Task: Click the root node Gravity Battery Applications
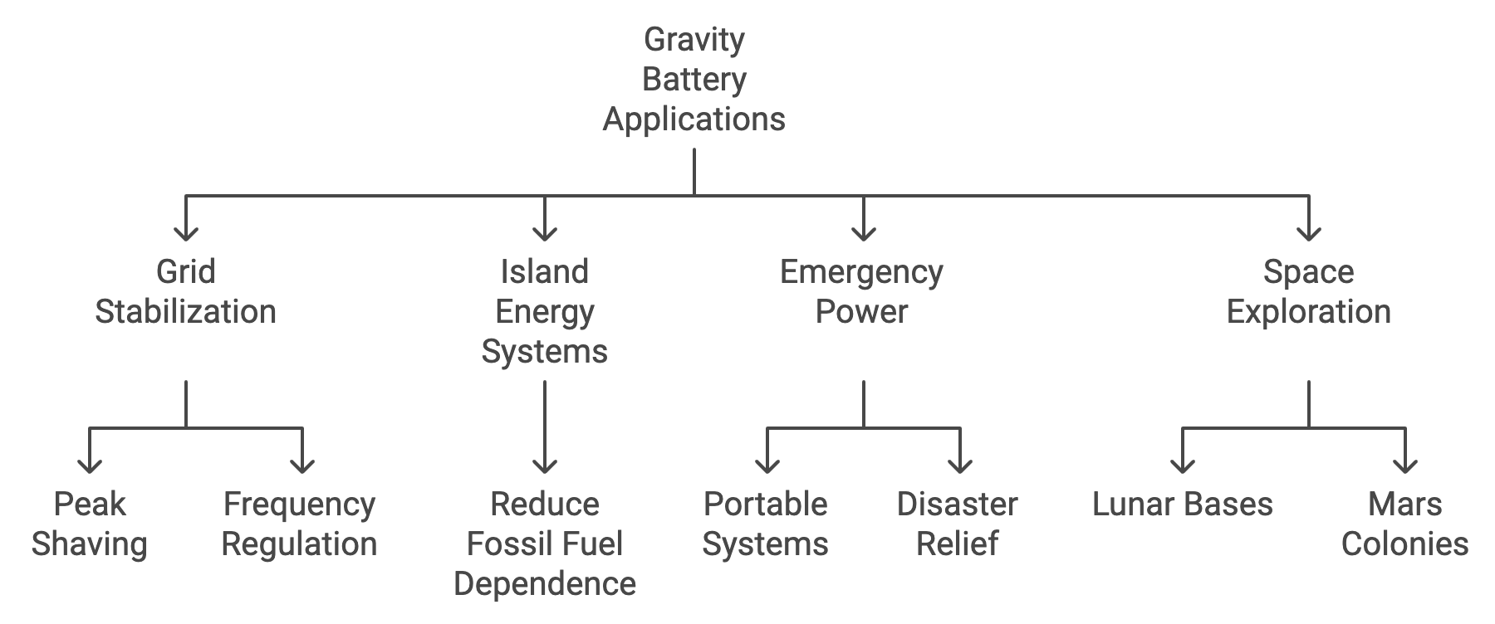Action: pyautogui.click(x=694, y=80)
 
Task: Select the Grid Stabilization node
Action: pyautogui.click(x=185, y=292)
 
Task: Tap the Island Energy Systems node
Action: pyautogui.click(x=545, y=312)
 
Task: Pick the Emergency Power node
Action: pyautogui.click(x=862, y=292)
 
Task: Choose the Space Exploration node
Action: pyautogui.click(x=1308, y=292)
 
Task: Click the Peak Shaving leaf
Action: pyautogui.click(x=89, y=524)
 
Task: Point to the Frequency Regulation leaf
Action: pyautogui.click(x=300, y=524)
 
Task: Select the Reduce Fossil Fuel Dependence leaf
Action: pyautogui.click(x=545, y=544)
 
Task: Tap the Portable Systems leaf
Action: pyautogui.click(x=766, y=524)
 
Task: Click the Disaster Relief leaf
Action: pyautogui.click(x=958, y=524)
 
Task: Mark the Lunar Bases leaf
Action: pyautogui.click(x=1182, y=505)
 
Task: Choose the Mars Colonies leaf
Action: pyautogui.click(x=1404, y=524)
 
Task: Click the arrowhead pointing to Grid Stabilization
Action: pyautogui.click(x=185, y=232)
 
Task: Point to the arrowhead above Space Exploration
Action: pyautogui.click(x=1309, y=232)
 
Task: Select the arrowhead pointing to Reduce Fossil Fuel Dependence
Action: pyautogui.click(x=545, y=465)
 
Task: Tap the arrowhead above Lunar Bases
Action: pyautogui.click(x=1182, y=465)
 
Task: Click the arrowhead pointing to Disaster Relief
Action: pyautogui.click(x=960, y=465)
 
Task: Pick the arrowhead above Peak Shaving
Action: pyautogui.click(x=89, y=465)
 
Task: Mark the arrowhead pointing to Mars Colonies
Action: pyautogui.click(x=1404, y=465)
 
